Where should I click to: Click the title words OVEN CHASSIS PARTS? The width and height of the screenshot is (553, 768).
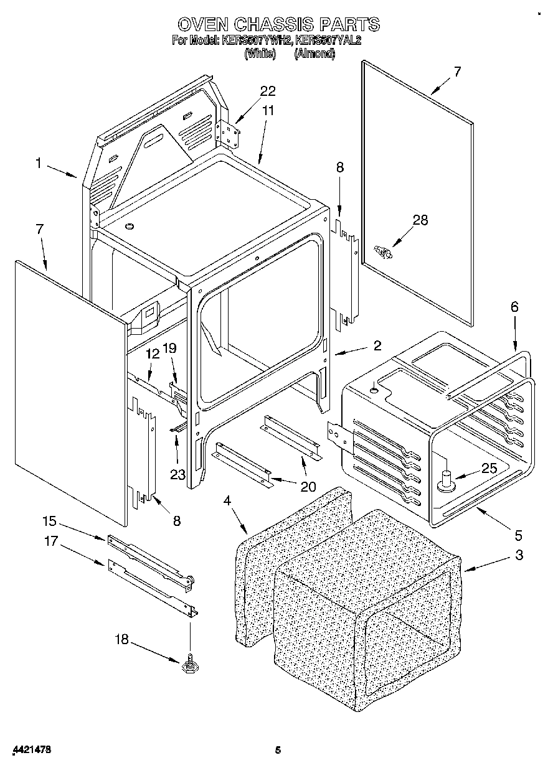[278, 24]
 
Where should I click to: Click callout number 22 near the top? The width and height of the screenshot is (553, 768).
[267, 91]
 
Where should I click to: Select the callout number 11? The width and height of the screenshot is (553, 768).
[268, 110]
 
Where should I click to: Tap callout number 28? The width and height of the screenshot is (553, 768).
[420, 220]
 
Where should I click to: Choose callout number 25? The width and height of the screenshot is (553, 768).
[489, 469]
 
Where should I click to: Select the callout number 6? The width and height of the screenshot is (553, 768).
[514, 307]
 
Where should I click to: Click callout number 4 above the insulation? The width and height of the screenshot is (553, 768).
[227, 500]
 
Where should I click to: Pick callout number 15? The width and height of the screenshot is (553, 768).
[50, 520]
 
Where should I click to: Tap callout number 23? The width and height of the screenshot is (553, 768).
[177, 474]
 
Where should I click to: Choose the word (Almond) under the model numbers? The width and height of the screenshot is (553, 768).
[314, 54]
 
